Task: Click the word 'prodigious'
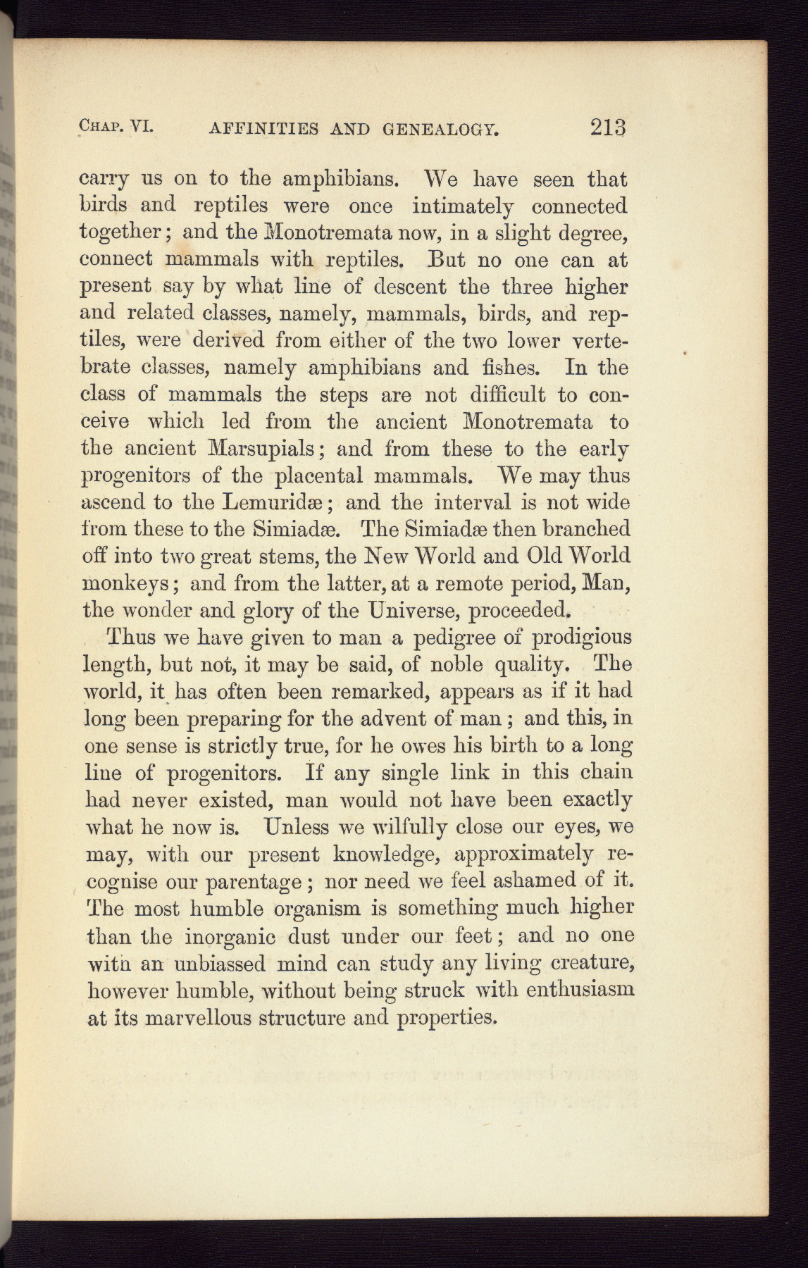click(581, 638)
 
